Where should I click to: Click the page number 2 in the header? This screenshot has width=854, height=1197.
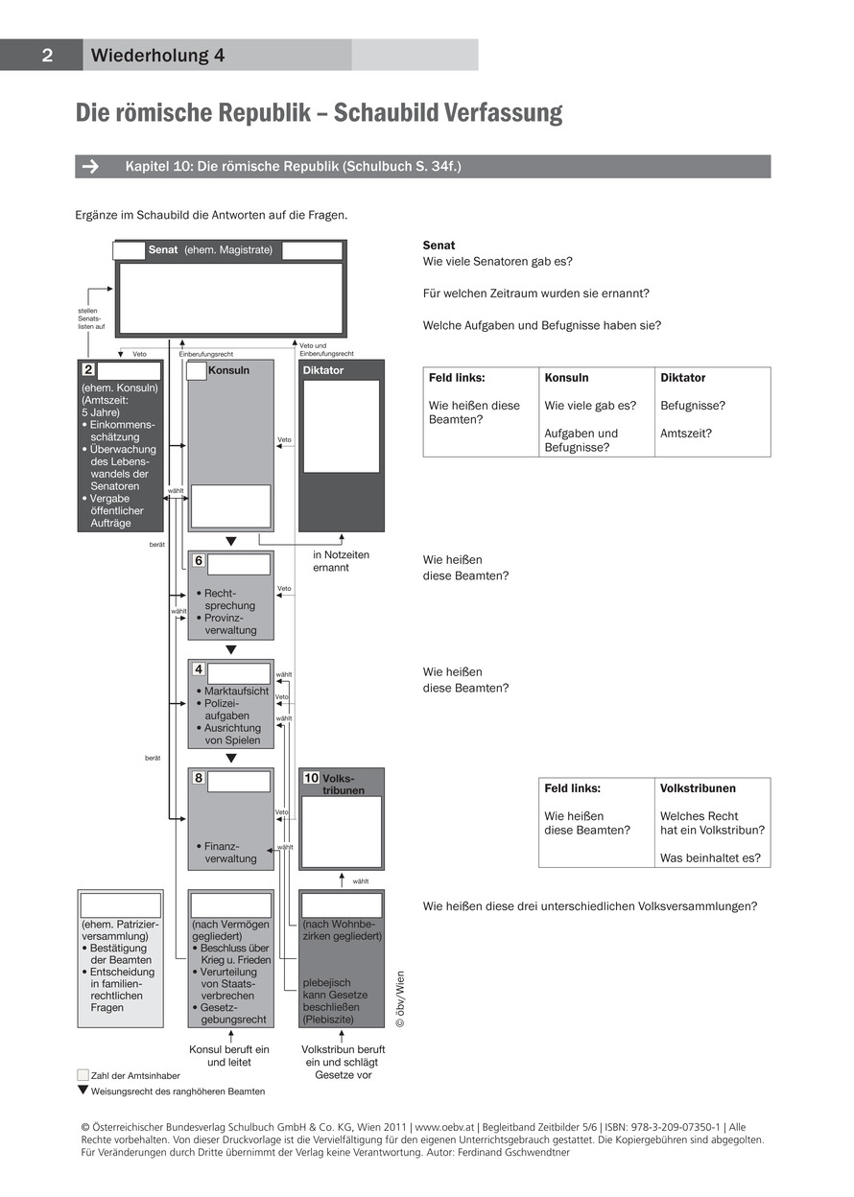pos(46,56)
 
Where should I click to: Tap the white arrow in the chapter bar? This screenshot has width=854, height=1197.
pos(90,167)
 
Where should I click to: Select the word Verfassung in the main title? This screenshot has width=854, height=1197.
pos(502,113)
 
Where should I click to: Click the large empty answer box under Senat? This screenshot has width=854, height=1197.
pos(229,297)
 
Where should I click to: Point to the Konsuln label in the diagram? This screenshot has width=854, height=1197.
pos(228,370)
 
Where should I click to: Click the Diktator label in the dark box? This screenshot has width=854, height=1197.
pos(323,370)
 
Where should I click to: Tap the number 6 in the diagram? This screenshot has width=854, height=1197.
pos(199,561)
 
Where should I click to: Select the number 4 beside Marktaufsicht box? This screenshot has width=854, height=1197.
pos(199,669)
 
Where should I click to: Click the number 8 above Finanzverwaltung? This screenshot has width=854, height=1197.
pos(199,778)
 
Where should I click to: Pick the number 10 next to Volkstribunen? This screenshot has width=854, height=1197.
pos(312,778)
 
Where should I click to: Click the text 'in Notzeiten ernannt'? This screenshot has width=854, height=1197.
pos(341,561)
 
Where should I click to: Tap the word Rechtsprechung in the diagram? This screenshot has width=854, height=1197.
pos(229,599)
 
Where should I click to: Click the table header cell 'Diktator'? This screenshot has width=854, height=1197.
pos(682,378)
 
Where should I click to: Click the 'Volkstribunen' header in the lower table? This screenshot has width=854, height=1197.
pos(698,788)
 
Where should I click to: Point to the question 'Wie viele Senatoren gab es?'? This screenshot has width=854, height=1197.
pos(504,262)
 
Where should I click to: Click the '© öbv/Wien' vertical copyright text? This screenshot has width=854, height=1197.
pos(401,998)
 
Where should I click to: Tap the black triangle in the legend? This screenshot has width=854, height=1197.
pos(83,1090)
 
